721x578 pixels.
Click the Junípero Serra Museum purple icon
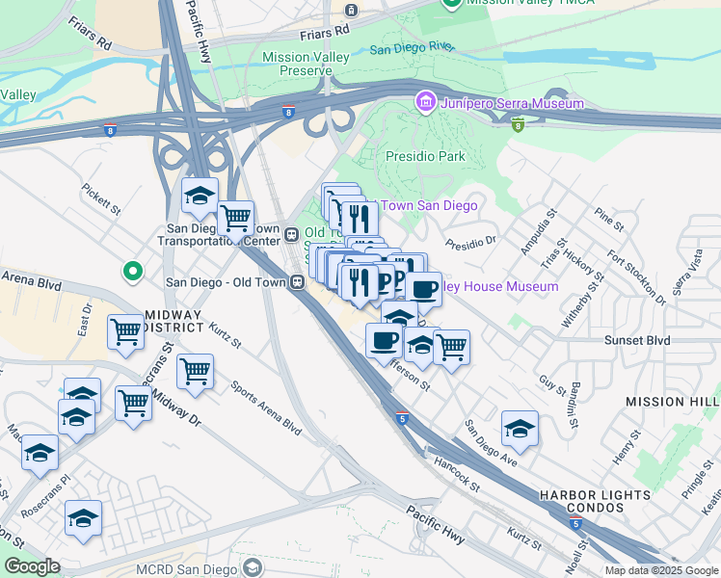tap(425, 102)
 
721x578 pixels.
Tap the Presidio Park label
tap(425, 156)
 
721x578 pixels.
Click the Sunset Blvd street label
tap(636, 340)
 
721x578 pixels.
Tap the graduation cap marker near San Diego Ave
tap(520, 429)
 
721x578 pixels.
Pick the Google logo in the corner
tap(32, 566)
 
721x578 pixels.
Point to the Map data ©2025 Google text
tap(661, 570)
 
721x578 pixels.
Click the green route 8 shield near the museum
tap(519, 124)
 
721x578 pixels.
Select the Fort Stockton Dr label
tap(637, 277)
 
